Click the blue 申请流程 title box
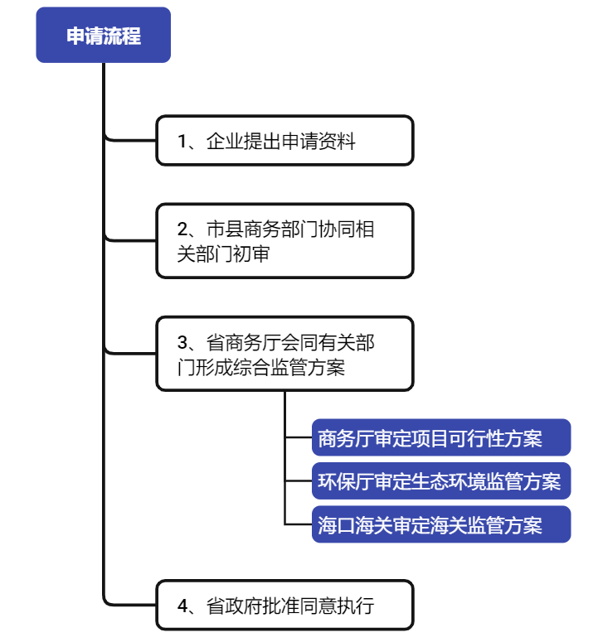coord(104,35)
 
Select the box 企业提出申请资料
coord(284,141)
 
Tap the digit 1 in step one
coord(182,142)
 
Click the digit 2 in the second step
coord(182,229)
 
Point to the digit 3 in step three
coord(182,343)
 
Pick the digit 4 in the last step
coord(182,606)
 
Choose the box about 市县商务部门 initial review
coord(284,241)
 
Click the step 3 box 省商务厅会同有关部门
coord(284,354)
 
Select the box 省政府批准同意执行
coord(284,605)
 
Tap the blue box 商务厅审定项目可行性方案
coord(441,437)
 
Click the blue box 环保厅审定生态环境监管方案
coord(441,480)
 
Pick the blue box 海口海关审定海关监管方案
coord(441,524)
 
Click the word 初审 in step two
coord(251,253)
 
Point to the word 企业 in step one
coord(225,142)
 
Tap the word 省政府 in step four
coord(234,606)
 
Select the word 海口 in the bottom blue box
coord(336,525)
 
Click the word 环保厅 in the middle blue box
coord(346,481)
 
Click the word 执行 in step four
coord(355,606)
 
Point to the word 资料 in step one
coord(337,142)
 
